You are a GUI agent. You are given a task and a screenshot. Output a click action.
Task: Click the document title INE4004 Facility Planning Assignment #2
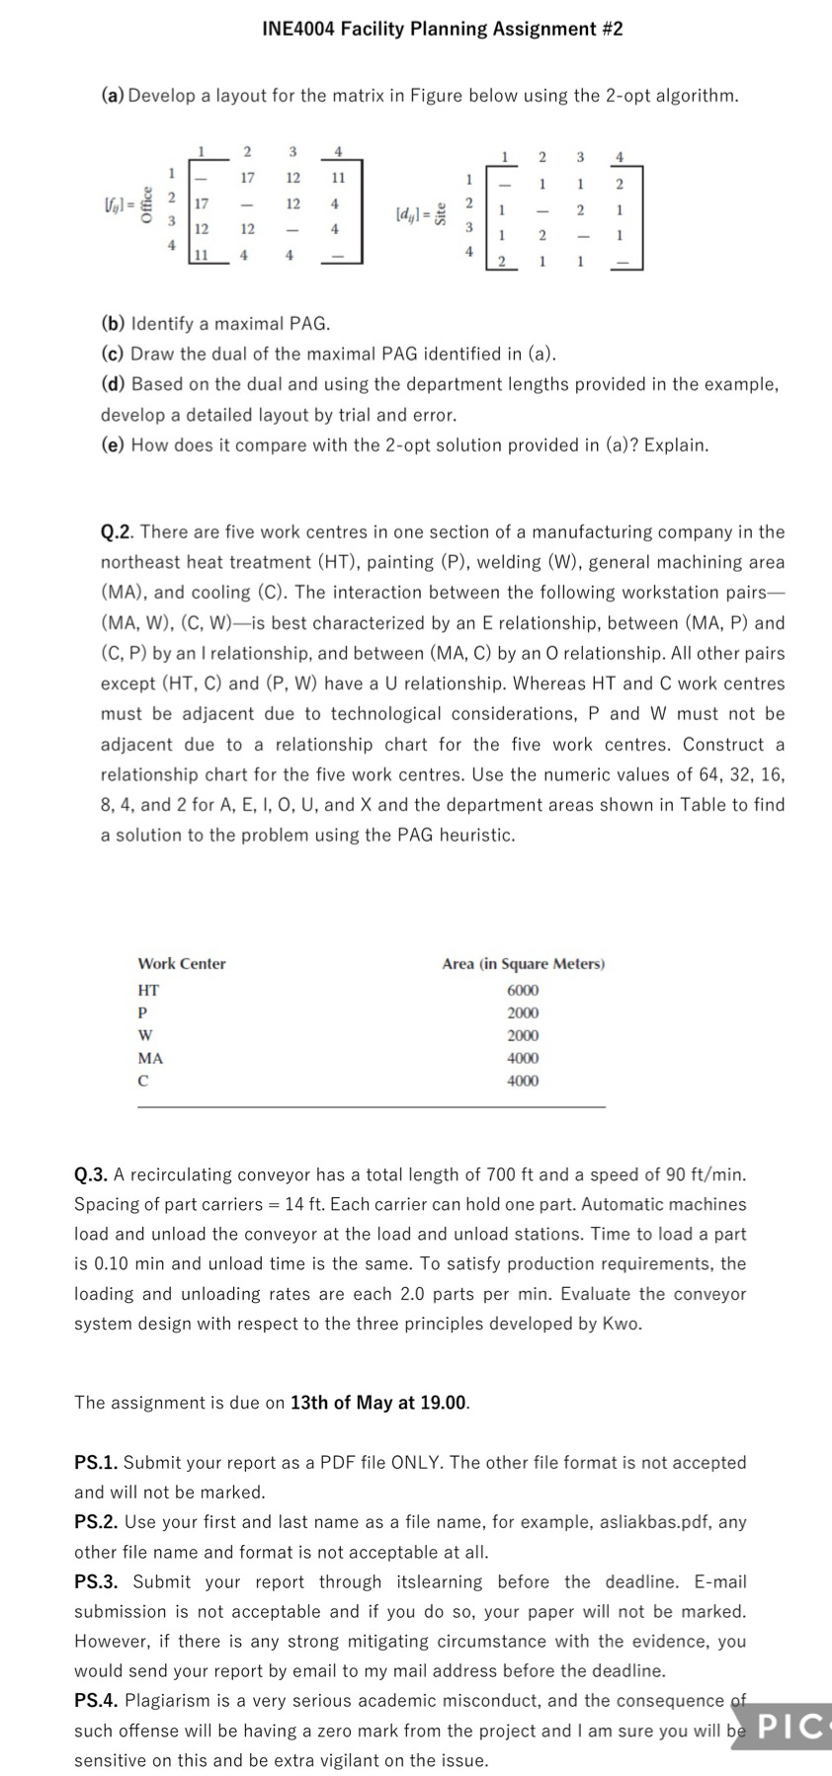coord(442,29)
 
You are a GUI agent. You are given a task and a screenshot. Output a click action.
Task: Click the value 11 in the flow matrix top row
coord(337,178)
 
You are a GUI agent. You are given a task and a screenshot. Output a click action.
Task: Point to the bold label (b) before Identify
coord(114,324)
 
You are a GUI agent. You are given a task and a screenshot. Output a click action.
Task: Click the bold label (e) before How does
coord(114,445)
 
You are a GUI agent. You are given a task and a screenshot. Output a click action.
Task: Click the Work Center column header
coord(182,963)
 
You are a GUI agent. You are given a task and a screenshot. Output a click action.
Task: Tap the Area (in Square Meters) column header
coord(523,963)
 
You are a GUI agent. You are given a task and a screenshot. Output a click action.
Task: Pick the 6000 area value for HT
coord(523,990)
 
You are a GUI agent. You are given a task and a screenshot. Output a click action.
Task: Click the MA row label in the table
coord(150,1058)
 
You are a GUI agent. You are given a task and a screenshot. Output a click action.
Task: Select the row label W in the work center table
coord(145,1035)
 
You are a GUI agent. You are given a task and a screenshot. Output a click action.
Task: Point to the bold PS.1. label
coord(96,1462)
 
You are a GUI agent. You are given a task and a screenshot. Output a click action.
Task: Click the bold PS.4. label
coord(97,1700)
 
